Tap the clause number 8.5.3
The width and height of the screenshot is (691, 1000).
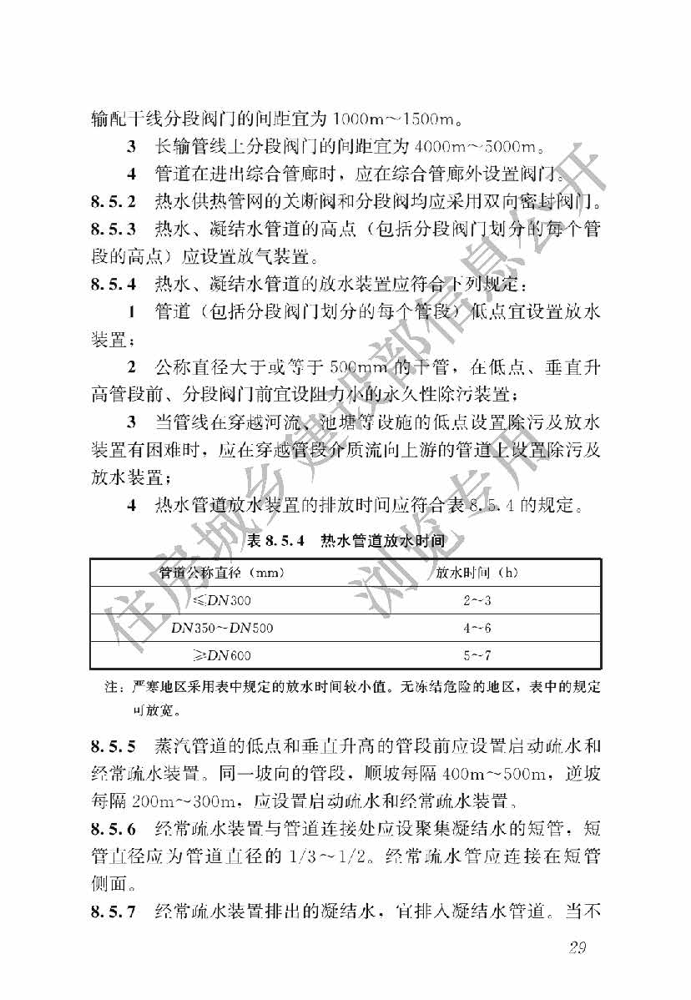click(113, 228)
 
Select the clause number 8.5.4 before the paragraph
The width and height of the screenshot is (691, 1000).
click(113, 283)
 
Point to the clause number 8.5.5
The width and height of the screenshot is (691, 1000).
click(113, 743)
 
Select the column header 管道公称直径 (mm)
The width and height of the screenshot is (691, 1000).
click(222, 573)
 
